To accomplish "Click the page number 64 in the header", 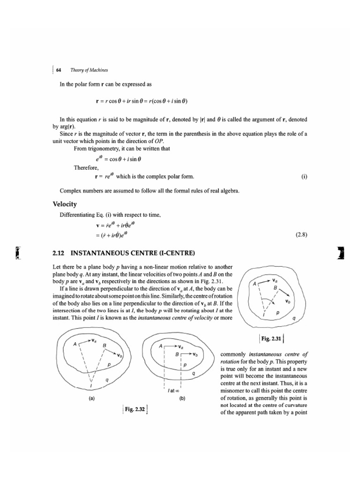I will point(59,70).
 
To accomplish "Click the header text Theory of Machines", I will point(89,70).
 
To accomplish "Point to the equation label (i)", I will point(304,177).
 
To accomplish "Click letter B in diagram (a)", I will point(105,346).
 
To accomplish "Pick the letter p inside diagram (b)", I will point(185,364).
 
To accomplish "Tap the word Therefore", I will point(86,167).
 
